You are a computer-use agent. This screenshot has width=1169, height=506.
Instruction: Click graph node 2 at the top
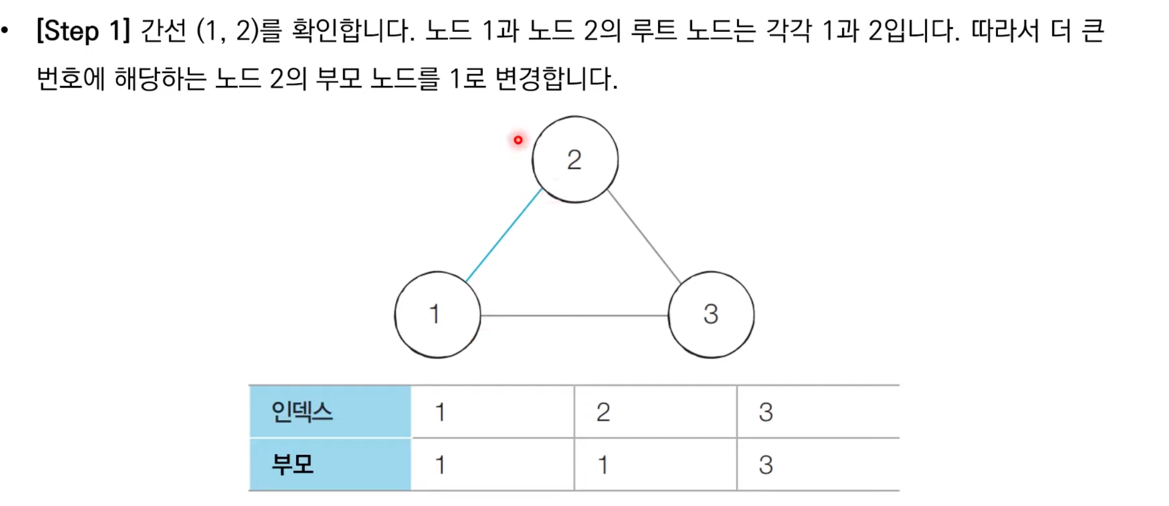(575, 160)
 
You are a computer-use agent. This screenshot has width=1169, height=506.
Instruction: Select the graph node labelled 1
(437, 315)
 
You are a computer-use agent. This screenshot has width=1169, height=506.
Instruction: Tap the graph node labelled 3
(711, 315)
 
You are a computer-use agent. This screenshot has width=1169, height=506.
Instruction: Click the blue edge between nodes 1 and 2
(504, 235)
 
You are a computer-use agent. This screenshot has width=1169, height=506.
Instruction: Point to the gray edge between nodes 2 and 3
(644, 236)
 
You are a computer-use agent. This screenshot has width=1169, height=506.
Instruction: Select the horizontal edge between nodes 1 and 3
(574, 315)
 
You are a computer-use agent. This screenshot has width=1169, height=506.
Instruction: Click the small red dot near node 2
(518, 140)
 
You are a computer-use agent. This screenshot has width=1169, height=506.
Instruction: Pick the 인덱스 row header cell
(330, 412)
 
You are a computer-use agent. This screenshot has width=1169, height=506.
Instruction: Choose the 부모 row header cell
(330, 465)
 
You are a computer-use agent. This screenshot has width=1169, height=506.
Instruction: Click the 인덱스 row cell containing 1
(493, 412)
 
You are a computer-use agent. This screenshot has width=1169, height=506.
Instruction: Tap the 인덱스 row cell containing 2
(655, 412)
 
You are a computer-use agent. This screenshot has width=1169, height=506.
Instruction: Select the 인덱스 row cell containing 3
(817, 412)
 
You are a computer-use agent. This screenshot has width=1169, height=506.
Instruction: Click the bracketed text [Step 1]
(83, 31)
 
